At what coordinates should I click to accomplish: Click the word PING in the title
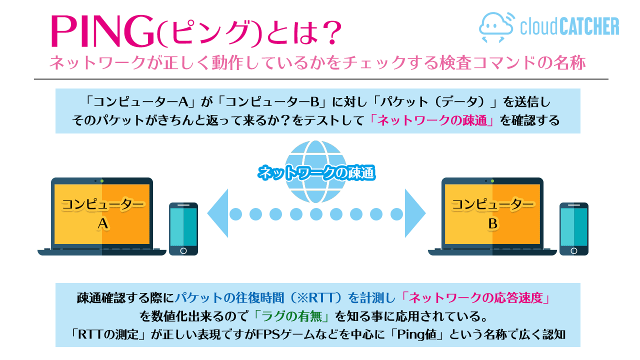tap(103, 31)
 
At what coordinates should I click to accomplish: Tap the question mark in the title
tap(331, 32)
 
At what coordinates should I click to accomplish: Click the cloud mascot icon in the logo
tap(497, 27)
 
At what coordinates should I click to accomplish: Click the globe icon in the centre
tap(315, 171)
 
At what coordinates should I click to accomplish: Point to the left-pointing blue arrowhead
tap(217, 213)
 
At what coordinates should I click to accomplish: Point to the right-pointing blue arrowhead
tap(415, 213)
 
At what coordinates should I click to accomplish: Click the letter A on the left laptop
tap(103, 223)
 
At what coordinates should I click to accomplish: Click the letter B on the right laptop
tap(493, 223)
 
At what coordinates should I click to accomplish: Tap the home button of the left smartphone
tap(183, 251)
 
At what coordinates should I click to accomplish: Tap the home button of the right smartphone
tap(573, 251)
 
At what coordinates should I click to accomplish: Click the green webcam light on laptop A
tap(102, 181)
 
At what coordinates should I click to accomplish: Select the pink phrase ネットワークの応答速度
tap(475, 298)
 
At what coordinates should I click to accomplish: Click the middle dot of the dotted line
tap(316, 214)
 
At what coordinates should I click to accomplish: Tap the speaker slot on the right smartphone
tap(573, 205)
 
